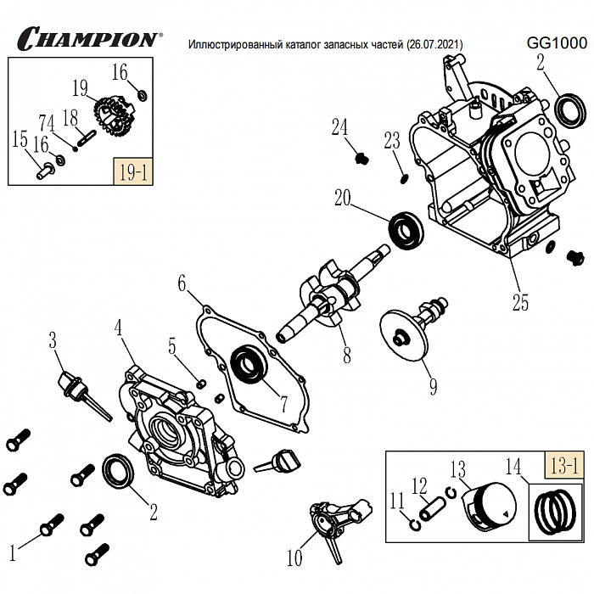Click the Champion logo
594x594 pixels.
pos(88,38)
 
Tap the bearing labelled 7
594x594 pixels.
pos(251,363)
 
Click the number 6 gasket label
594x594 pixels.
pos(181,282)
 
